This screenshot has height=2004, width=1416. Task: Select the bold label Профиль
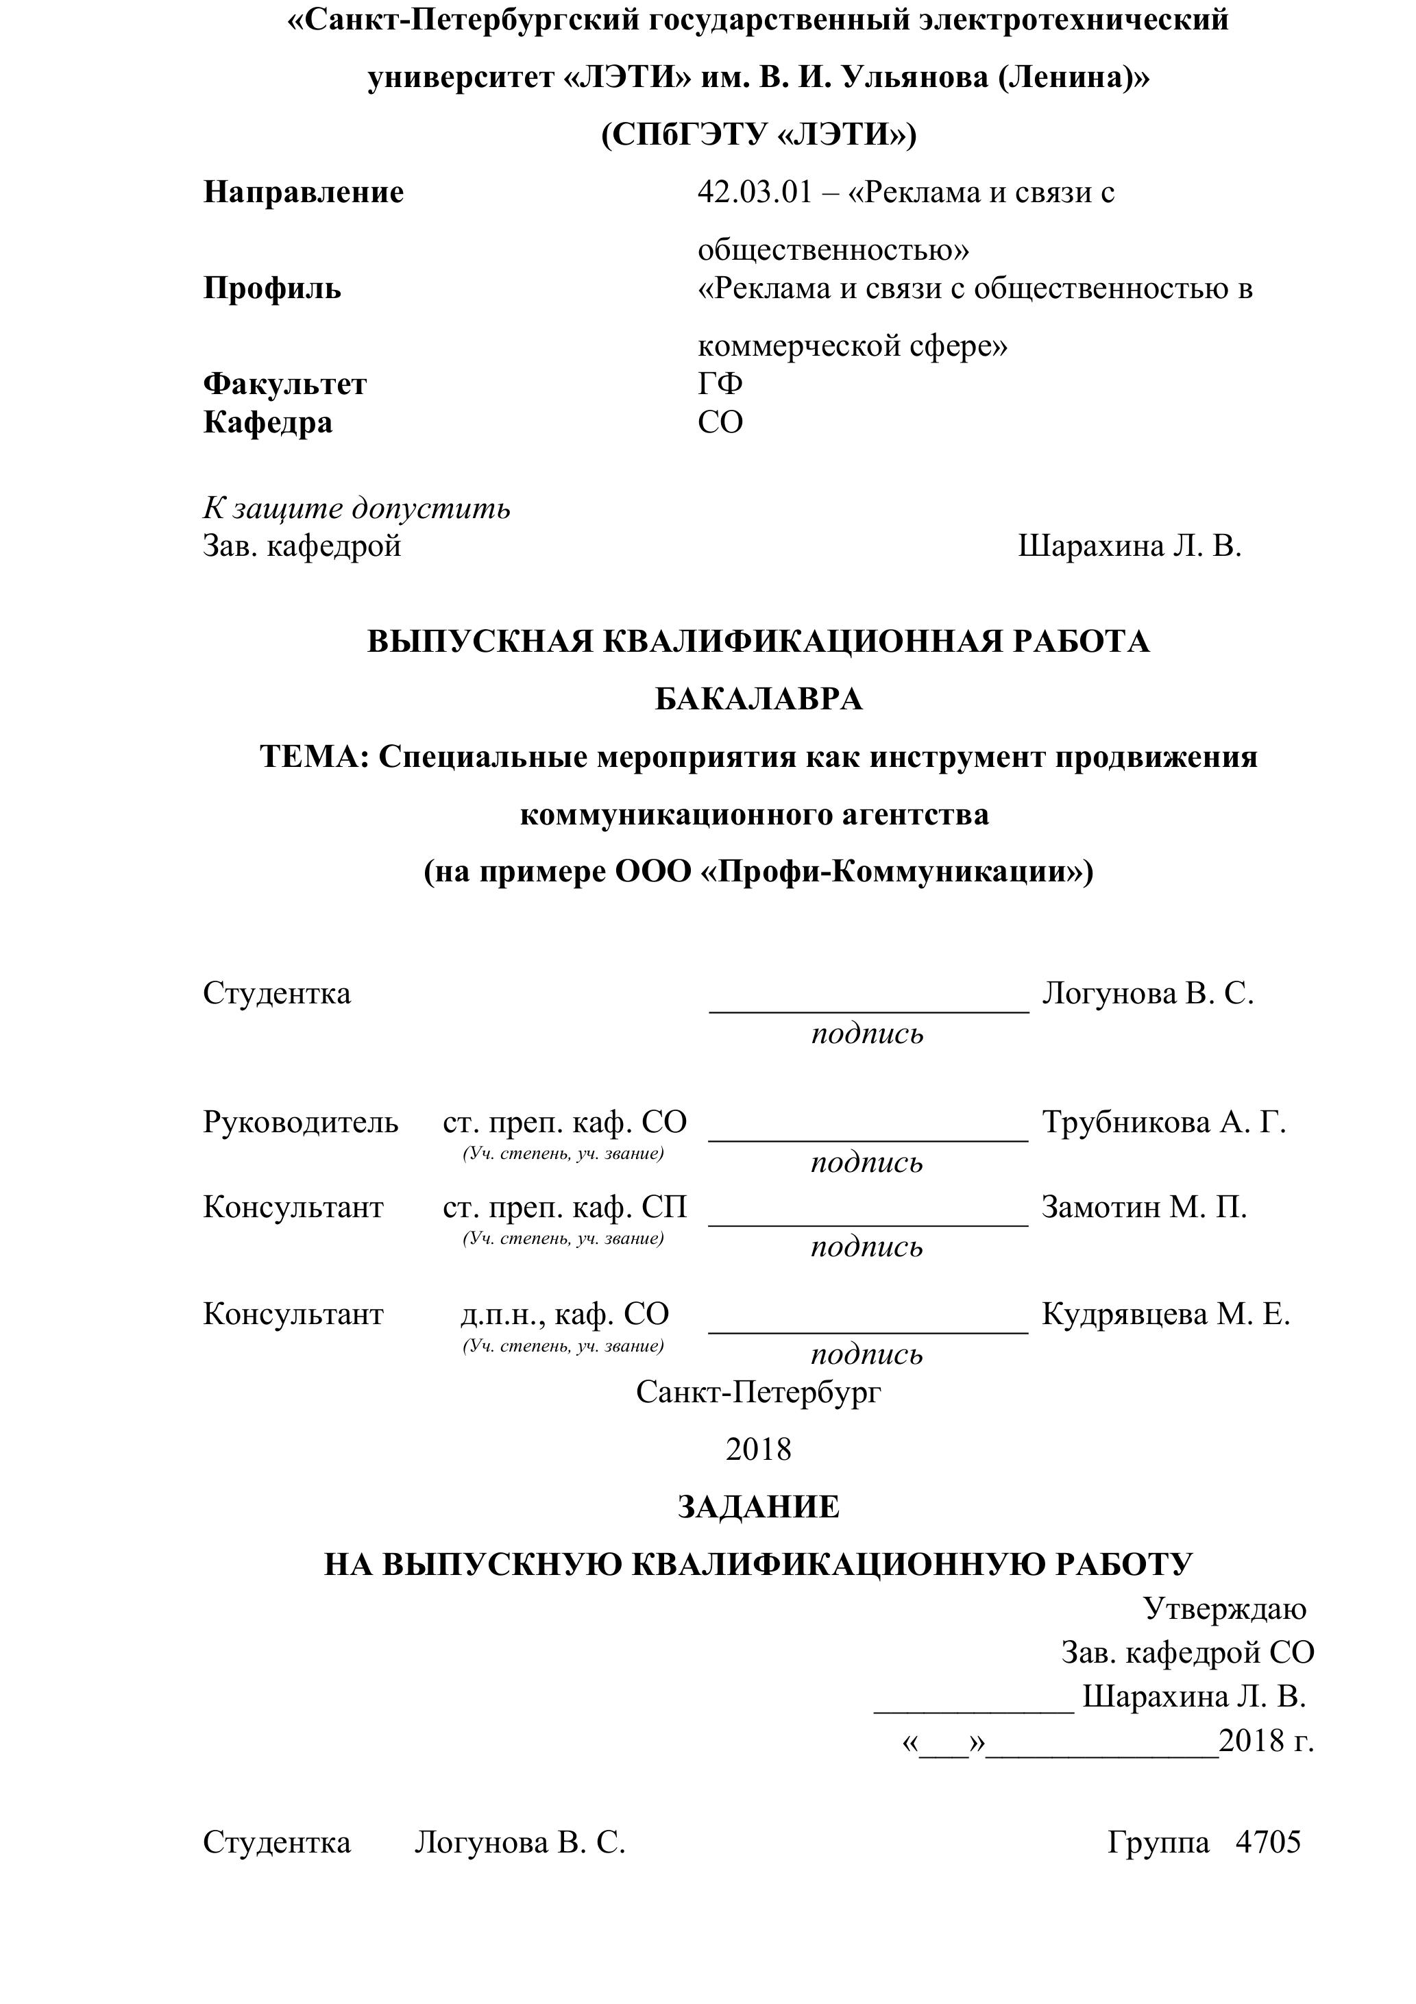272,287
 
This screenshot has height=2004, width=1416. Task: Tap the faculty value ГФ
720,383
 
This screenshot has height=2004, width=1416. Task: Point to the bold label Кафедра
268,421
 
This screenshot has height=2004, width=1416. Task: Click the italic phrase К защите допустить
356,507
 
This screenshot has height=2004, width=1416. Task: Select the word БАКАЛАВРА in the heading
759,698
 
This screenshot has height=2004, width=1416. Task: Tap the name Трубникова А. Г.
1164,1121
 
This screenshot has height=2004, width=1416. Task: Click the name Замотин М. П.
1144,1207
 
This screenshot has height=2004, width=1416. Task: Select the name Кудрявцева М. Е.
1165,1314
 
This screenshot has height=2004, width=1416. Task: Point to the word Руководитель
300,1121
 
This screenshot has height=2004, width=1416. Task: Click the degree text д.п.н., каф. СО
565,1314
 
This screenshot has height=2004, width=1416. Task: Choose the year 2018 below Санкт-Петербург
758,1449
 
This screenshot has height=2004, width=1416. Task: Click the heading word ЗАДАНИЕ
758,1507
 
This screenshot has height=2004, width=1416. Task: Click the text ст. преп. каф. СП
565,1207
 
